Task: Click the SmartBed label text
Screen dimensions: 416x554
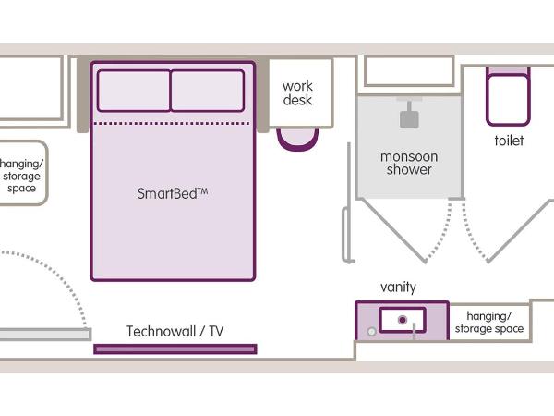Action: pyautogui.click(x=173, y=194)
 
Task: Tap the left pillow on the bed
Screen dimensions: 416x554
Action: pyautogui.click(x=134, y=90)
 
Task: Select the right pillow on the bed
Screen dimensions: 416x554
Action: pyautogui.click(x=208, y=90)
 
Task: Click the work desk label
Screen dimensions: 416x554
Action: pyautogui.click(x=297, y=93)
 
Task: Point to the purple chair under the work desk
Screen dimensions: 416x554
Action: pyautogui.click(x=297, y=138)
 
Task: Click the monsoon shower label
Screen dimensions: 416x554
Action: pyautogui.click(x=409, y=163)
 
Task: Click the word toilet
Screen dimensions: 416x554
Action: pyautogui.click(x=508, y=141)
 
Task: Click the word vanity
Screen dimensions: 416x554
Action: pyautogui.click(x=398, y=288)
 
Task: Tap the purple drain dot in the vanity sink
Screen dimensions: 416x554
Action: pyautogui.click(x=403, y=320)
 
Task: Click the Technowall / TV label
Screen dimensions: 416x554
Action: pyautogui.click(x=175, y=331)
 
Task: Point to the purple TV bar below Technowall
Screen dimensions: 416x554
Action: pyautogui.click(x=175, y=349)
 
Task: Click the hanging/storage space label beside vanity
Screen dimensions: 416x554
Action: pyautogui.click(x=488, y=322)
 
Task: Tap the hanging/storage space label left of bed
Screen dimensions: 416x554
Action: pyautogui.click(x=20, y=175)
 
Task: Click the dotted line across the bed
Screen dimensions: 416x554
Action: pyautogui.click(x=173, y=123)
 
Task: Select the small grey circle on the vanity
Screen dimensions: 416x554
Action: pyautogui.click(x=371, y=329)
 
